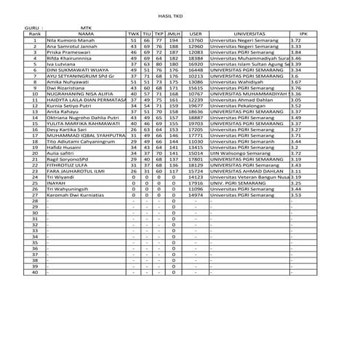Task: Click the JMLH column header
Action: click(172, 33)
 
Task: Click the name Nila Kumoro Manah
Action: click(72, 40)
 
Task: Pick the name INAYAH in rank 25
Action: click(57, 183)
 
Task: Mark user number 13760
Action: click(196, 40)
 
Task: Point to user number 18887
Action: click(196, 117)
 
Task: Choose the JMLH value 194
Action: click(172, 40)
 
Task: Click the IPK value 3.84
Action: click(296, 53)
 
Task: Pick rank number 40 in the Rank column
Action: click(34, 272)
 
